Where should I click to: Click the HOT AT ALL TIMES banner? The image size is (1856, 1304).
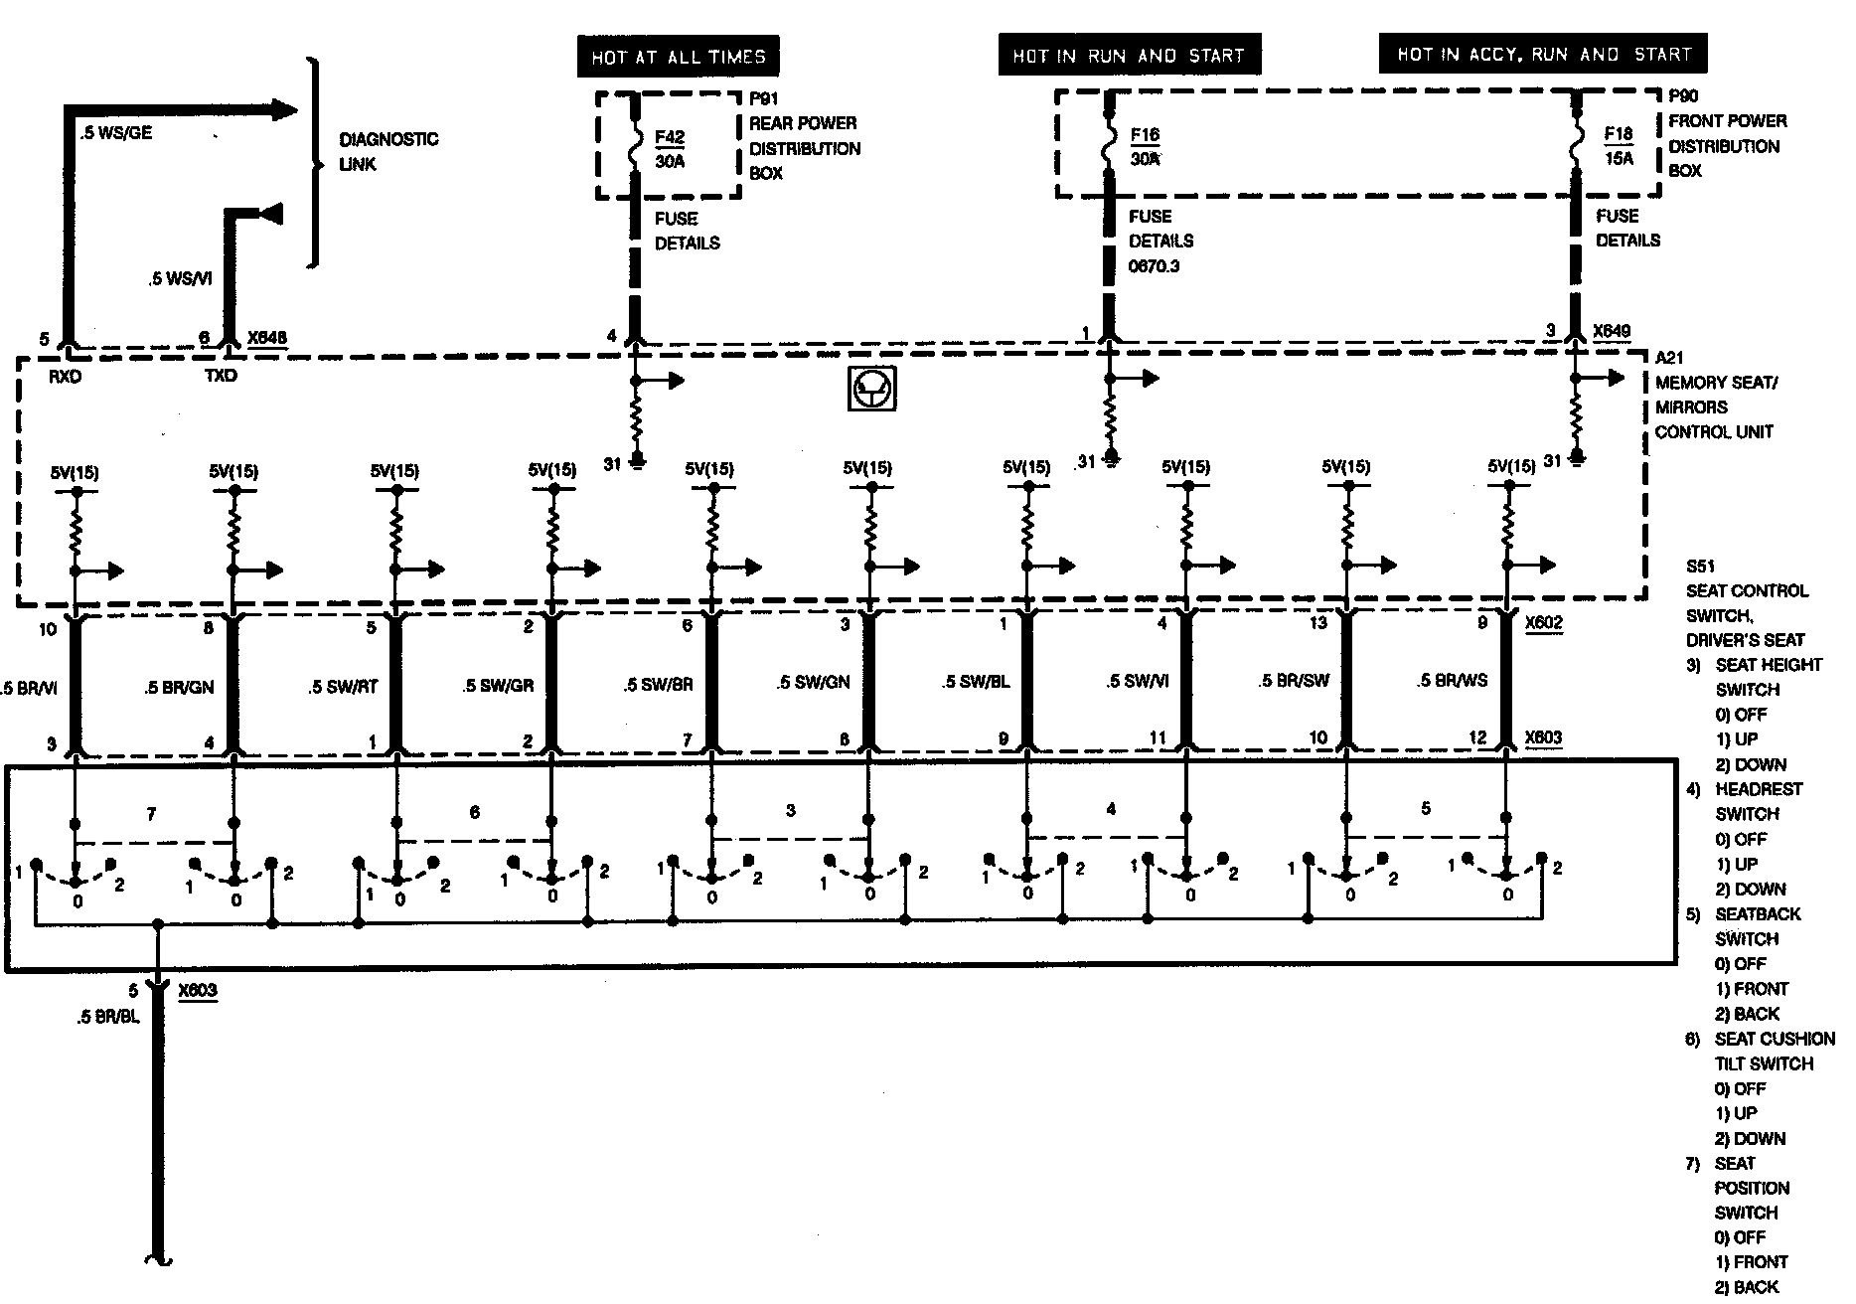point(678,57)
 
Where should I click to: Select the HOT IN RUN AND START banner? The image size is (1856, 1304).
point(1129,56)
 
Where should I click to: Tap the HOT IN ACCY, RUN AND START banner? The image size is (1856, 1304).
point(1543,54)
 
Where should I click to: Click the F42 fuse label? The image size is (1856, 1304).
point(671,138)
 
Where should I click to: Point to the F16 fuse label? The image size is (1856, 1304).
point(1145,135)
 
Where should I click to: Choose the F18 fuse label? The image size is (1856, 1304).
point(1619,134)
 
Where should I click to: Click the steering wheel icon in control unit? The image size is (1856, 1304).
point(872,388)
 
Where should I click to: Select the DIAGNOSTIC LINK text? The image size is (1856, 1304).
point(387,151)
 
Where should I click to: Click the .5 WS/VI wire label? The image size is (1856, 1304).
point(180,279)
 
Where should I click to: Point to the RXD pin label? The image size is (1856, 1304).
point(66,377)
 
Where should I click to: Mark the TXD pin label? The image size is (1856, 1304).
point(221,376)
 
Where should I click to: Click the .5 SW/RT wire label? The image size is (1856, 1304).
point(343,687)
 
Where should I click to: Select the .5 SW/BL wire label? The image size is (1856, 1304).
point(976,683)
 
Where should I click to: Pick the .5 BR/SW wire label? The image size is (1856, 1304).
point(1294,681)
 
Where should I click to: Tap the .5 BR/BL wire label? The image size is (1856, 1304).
point(107,1017)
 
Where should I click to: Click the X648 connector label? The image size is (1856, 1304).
point(267,338)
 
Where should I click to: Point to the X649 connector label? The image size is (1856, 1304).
point(1612,331)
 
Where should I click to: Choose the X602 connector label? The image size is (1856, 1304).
point(1544,624)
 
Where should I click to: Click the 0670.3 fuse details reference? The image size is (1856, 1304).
point(1155,266)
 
